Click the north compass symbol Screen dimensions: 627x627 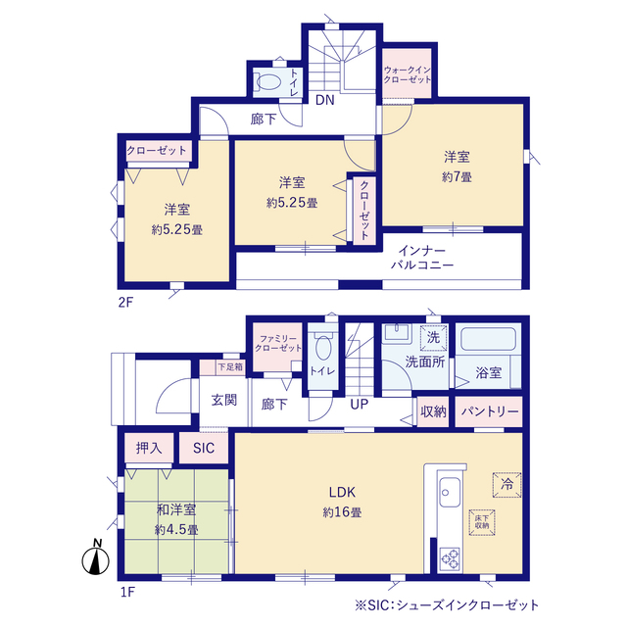coord(96,557)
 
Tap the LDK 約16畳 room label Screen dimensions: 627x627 coord(342,503)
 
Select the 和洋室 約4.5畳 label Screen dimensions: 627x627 coord(176,520)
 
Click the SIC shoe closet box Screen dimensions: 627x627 coord(204,448)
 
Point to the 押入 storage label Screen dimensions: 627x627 coord(149,448)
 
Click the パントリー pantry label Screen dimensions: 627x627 coord(490,411)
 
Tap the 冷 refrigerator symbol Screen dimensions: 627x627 coord(507,485)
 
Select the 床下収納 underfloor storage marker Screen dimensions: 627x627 coord(482,522)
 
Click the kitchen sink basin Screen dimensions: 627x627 coord(450,492)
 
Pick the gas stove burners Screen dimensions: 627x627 coord(450,558)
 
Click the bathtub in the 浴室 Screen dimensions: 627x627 coord(488,339)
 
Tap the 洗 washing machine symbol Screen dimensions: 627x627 coord(433,338)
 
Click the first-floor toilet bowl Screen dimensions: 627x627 coord(323,348)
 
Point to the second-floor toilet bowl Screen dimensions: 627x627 coord(267,82)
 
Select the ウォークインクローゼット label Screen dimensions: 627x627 coord(408,74)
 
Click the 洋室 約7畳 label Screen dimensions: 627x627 coord(457,167)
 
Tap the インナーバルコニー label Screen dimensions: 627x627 coord(422,258)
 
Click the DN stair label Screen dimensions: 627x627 coord(324,100)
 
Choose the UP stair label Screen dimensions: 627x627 coord(359,405)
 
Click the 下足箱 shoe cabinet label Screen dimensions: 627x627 coord(230,366)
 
